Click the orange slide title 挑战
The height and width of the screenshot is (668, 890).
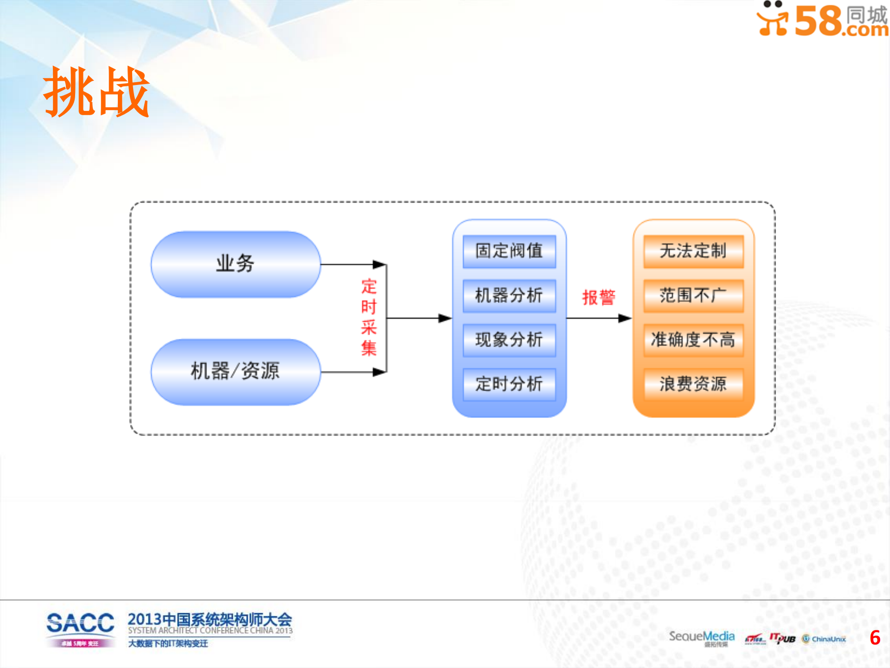tap(96, 91)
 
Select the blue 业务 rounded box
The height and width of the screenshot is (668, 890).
tap(235, 264)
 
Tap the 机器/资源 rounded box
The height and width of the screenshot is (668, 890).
tap(235, 371)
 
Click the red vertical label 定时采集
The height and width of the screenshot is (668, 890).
tap(369, 317)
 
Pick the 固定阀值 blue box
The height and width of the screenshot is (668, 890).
tap(509, 251)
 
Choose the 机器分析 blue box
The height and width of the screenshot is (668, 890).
tap(509, 295)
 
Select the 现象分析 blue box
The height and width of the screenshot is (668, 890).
tap(509, 340)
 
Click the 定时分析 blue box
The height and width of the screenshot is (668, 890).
tap(509, 384)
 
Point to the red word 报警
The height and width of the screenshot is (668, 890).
tap(599, 297)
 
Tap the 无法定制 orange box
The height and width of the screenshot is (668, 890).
tap(693, 251)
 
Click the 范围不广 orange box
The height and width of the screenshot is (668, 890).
tap(693, 295)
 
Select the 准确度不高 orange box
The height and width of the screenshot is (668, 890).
tap(693, 340)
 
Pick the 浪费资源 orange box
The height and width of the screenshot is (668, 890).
tap(693, 384)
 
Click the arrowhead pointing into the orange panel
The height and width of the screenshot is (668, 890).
tap(625, 318)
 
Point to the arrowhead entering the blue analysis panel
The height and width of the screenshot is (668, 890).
tap(445, 318)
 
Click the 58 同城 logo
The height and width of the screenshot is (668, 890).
tap(822, 19)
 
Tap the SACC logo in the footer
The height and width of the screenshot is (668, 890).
tap(80, 629)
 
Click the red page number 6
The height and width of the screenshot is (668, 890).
tap(875, 638)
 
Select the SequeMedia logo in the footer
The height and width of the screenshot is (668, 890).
tap(701, 637)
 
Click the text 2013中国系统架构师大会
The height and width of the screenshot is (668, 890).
tap(210, 619)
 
